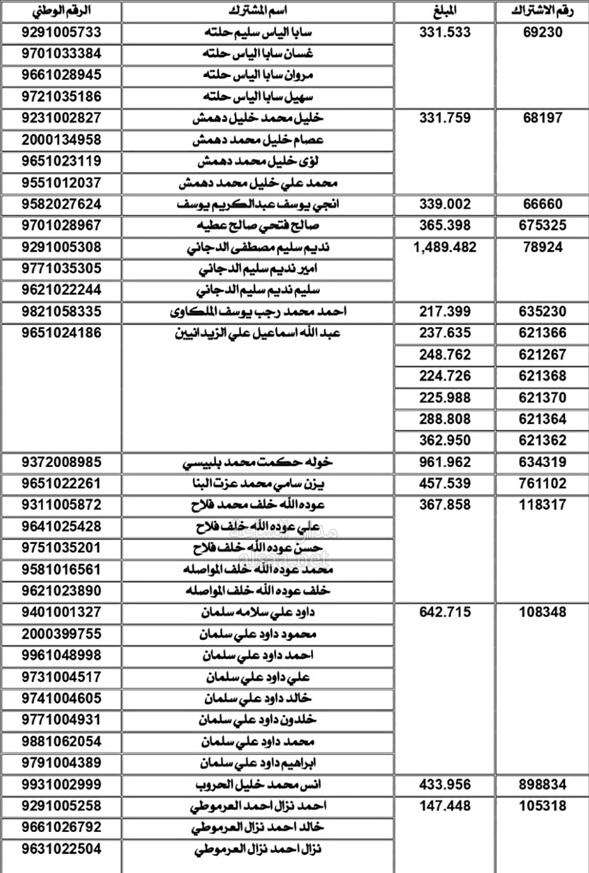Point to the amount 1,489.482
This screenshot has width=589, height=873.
[x=445, y=247]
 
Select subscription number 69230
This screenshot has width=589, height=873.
[x=542, y=32]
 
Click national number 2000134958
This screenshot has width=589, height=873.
[x=62, y=140]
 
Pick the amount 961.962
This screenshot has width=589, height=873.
[x=445, y=463]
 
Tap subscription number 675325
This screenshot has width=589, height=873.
[x=542, y=225]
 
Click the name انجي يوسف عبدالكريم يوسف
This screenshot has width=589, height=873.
[x=258, y=205]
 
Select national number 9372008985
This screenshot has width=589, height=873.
[x=62, y=463]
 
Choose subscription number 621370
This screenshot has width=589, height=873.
[x=542, y=398]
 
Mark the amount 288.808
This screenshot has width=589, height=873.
[x=445, y=420]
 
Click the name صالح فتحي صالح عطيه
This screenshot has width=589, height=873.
[x=258, y=226]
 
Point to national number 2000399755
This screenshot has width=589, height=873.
[x=62, y=634]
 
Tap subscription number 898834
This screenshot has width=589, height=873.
[x=542, y=785]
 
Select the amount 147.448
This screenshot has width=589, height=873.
[x=445, y=806]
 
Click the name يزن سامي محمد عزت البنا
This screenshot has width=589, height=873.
[x=258, y=484]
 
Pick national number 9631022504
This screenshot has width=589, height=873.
[x=62, y=849]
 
